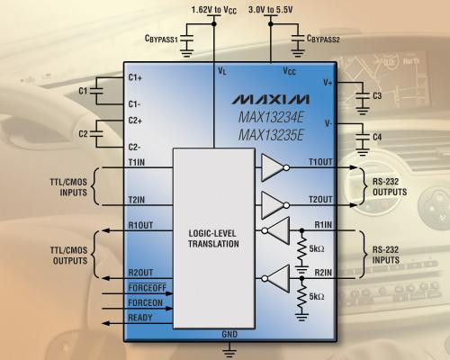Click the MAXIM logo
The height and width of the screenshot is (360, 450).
(270, 100)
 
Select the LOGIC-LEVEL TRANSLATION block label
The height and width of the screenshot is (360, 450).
(213, 238)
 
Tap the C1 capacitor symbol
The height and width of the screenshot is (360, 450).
(96, 91)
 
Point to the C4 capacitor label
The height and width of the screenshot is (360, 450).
(377, 137)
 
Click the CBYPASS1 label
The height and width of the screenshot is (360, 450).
(161, 39)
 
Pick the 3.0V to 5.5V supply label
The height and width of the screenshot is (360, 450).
(270, 10)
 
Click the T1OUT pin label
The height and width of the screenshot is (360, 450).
(320, 162)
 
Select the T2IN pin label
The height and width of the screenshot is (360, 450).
(137, 200)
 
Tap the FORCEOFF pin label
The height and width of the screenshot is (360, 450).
(147, 288)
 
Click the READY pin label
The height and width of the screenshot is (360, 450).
(140, 318)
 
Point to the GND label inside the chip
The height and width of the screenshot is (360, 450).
(229, 334)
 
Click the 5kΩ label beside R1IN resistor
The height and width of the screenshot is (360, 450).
(317, 248)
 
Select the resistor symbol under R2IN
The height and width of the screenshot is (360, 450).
(301, 298)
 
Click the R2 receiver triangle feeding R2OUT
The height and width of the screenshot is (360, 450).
(276, 278)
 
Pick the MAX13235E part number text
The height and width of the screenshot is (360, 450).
(271, 135)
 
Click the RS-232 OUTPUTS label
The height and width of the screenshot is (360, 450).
(390, 186)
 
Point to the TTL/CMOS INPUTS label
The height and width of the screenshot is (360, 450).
(68, 187)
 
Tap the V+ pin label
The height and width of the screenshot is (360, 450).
(328, 82)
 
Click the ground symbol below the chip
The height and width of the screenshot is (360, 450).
(229, 350)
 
